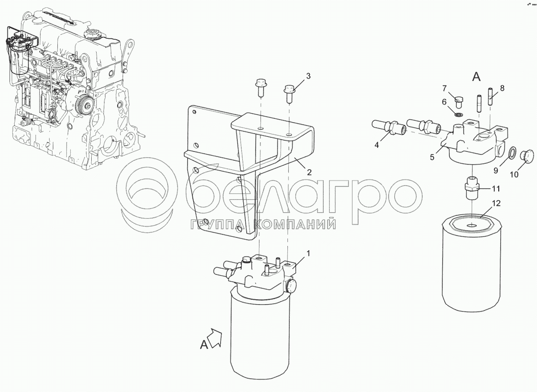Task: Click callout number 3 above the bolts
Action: (308, 76)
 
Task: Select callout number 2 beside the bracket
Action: (309, 172)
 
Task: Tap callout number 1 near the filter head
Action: (308, 254)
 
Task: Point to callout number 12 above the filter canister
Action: (496, 203)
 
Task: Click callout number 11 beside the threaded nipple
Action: (496, 188)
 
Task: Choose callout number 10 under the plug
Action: (514, 174)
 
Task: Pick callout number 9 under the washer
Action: (496, 170)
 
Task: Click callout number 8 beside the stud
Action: (502, 88)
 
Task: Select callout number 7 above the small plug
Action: (444, 89)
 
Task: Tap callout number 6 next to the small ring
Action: (444, 102)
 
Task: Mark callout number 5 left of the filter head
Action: (432, 157)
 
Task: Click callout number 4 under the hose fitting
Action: (377, 145)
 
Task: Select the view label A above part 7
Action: (476, 77)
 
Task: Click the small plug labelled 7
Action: (459, 102)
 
